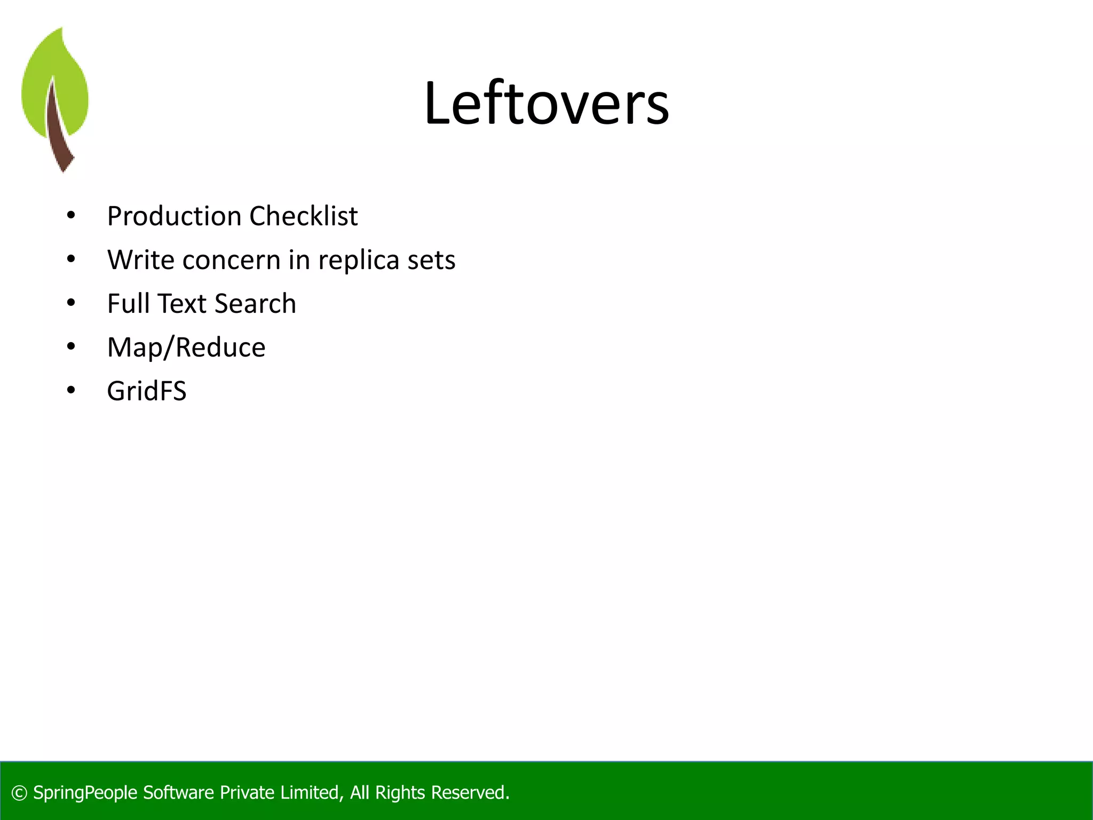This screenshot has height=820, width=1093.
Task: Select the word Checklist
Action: coord(303,216)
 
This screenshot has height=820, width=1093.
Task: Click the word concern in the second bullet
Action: coord(231,261)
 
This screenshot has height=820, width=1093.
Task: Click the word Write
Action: coord(140,261)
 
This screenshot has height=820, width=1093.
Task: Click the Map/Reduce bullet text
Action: coord(186,348)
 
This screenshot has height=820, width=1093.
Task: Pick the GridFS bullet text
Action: coord(147,391)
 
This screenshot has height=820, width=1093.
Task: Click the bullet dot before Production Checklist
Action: coord(71,216)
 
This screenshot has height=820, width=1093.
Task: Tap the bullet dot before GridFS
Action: coord(71,391)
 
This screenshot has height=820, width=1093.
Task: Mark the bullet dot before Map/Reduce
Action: coord(71,348)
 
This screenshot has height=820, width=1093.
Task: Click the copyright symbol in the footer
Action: coord(19,793)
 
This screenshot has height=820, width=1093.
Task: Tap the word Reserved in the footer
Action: coord(469,793)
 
